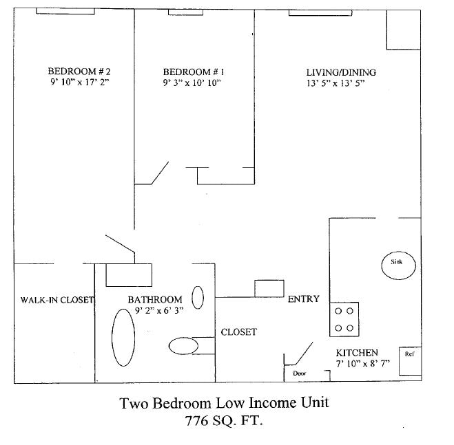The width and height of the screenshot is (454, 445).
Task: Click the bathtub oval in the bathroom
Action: (123, 338)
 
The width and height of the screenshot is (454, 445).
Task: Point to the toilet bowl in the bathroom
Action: (183, 345)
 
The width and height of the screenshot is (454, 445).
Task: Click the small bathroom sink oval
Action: (198, 298)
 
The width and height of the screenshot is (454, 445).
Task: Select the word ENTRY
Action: (303, 299)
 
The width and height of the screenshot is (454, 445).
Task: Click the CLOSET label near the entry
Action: (238, 332)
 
